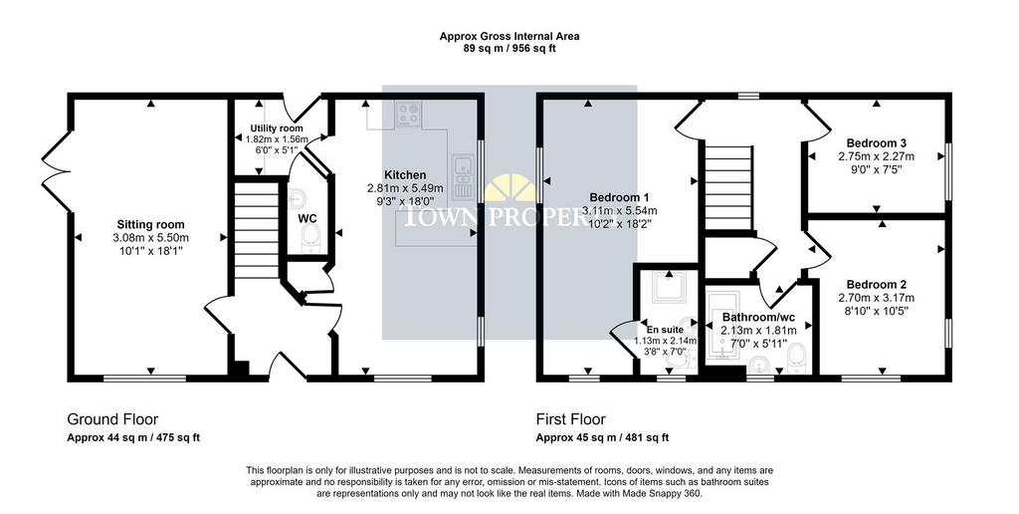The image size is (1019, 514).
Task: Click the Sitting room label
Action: [x=151, y=225]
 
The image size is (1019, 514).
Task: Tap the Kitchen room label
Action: [x=406, y=175]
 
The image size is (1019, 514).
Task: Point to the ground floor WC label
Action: [x=306, y=218]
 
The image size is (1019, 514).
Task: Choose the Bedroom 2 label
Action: [x=877, y=285]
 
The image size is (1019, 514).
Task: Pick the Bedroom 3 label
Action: [x=877, y=143]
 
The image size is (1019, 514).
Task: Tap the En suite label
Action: [x=665, y=330]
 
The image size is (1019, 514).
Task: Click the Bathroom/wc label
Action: [x=758, y=318]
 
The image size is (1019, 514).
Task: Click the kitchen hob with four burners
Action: [x=408, y=115]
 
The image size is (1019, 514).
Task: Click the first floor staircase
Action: [x=726, y=186]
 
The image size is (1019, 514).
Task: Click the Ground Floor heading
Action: [x=112, y=419]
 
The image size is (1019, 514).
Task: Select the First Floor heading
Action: [x=570, y=419]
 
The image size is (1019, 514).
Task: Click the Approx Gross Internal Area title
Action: [x=509, y=37]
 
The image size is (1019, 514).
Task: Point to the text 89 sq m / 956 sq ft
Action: [x=509, y=48]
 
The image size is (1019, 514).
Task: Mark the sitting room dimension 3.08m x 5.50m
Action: [x=151, y=237]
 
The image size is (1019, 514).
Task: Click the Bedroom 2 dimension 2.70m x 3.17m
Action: [x=877, y=298]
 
